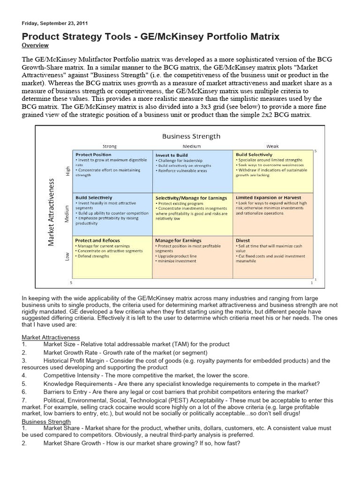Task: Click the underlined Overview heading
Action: [35, 45]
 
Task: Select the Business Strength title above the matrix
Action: [191, 136]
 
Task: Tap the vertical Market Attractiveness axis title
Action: [52, 211]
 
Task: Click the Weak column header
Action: [272, 146]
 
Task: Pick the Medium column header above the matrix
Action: [192, 146]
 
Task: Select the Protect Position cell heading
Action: [93, 154]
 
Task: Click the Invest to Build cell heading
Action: [172, 154]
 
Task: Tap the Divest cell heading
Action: [243, 240]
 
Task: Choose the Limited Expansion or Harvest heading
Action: [269, 198]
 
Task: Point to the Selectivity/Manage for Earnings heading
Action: [191, 198]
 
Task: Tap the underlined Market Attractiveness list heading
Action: [51, 337]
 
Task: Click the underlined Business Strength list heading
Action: [46, 421]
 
